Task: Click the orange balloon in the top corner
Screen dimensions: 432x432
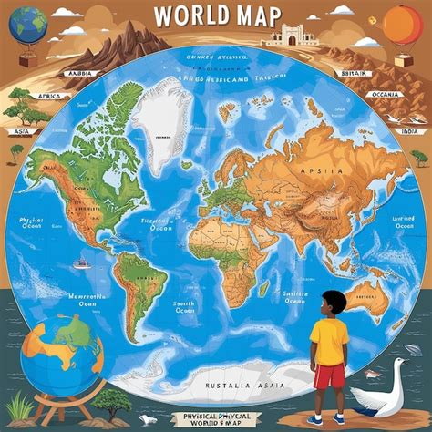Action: pos(402,24)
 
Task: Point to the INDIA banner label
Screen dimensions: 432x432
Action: pos(409,130)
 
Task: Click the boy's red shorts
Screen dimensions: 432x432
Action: pos(329,374)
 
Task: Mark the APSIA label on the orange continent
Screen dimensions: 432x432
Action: pos(327,171)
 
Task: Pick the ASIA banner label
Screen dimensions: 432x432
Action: pos(17,130)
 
